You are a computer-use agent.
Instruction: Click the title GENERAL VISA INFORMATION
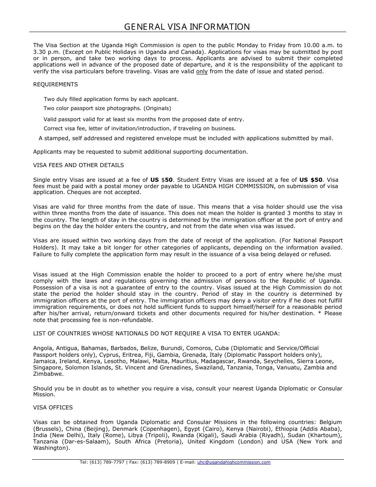(x=187, y=27)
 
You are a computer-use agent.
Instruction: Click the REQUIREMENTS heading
(x=55, y=84)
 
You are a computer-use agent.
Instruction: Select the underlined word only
(x=202, y=72)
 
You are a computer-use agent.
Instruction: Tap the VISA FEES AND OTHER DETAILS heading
(x=78, y=165)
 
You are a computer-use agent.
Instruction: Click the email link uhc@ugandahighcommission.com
(x=234, y=462)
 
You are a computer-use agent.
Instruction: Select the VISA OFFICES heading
(x=53, y=407)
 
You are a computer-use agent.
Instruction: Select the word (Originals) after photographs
(x=158, y=108)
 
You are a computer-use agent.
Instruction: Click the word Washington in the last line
(x=50, y=448)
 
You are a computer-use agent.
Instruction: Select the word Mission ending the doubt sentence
(x=43, y=395)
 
